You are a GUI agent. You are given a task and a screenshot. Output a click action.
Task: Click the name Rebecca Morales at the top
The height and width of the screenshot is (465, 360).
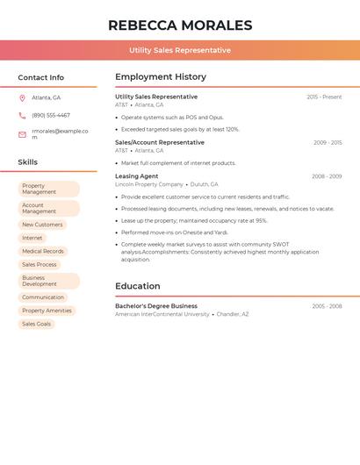click(x=180, y=25)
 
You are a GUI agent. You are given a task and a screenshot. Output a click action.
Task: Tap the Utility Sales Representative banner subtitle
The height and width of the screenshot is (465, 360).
click(x=180, y=50)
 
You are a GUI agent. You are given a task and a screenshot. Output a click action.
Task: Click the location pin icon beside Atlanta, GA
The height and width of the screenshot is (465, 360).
click(x=22, y=98)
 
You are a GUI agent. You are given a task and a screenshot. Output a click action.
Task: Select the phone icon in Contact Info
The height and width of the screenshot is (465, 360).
click(x=22, y=115)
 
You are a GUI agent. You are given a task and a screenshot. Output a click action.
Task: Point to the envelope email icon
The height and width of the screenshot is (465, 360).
click(x=22, y=134)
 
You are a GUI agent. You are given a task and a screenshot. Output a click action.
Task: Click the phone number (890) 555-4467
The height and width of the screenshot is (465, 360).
click(x=51, y=115)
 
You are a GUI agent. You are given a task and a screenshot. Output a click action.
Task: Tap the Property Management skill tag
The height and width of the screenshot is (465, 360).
click(x=48, y=189)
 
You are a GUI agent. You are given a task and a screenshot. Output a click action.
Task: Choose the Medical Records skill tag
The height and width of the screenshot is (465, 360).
click(x=43, y=251)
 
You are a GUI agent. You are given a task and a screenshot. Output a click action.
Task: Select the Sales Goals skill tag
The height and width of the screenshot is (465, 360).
click(x=36, y=324)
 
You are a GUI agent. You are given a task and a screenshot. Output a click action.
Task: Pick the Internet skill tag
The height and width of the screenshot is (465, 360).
click(x=32, y=238)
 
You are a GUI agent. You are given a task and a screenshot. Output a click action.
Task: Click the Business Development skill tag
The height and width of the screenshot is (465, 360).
click(x=48, y=281)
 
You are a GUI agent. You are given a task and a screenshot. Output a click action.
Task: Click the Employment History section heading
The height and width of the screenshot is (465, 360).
click(x=161, y=77)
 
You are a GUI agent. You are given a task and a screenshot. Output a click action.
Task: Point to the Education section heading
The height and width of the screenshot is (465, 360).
click(x=138, y=286)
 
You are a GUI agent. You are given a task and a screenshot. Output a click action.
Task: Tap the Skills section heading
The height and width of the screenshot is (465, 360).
click(x=28, y=162)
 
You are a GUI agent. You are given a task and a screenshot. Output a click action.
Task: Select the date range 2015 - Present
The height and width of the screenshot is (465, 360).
click(x=324, y=97)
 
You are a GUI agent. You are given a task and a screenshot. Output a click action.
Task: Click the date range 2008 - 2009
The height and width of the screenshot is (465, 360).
click(x=327, y=176)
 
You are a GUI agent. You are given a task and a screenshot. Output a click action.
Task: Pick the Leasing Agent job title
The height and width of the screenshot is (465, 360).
click(x=137, y=176)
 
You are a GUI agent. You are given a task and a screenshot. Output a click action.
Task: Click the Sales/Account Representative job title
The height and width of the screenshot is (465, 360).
click(x=160, y=142)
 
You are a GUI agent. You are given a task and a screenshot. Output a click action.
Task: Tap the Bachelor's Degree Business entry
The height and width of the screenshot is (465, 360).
click(x=156, y=306)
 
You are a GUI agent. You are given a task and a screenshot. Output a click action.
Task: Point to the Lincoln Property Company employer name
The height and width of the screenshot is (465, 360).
click(x=149, y=184)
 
